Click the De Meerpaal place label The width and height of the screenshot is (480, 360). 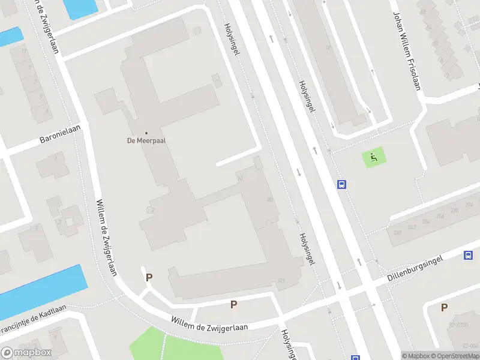coord(146,141)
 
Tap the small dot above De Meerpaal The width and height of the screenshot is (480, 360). coord(146,133)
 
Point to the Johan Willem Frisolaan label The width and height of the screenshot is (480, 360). coord(406,50)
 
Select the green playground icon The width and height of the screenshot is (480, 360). coord(374,158)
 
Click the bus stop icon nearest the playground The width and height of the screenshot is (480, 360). coord(342,185)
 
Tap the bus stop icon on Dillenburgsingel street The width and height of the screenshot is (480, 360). coord(468,255)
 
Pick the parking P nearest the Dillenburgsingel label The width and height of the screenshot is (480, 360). coord(444,307)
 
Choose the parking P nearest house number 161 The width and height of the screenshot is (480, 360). coord(233,304)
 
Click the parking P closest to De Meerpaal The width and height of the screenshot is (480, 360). coord(149,277)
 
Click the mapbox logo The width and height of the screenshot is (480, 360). coord(26,353)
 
